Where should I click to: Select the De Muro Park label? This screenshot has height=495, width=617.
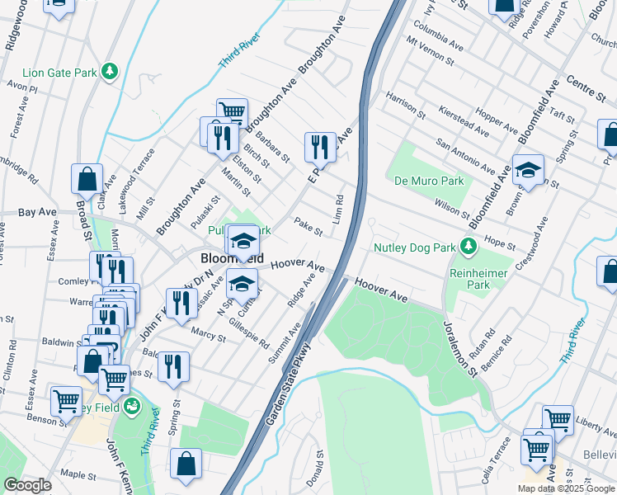click(x=429, y=181)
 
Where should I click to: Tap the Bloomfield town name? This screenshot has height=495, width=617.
click(x=233, y=258)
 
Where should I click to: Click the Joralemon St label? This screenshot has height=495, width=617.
click(x=460, y=348)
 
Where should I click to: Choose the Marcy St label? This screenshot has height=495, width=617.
click(x=209, y=334)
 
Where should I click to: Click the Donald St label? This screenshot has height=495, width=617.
click(x=314, y=471)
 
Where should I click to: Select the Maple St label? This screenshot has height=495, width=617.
click(x=79, y=474)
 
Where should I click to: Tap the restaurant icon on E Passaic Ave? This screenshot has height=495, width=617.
click(x=319, y=147)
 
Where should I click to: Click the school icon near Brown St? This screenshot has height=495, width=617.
click(x=528, y=169)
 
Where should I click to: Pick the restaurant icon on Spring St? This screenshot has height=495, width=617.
click(x=173, y=366)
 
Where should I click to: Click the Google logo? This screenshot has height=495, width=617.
click(x=27, y=485)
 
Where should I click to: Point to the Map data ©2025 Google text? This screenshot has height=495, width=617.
click(x=566, y=488)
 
